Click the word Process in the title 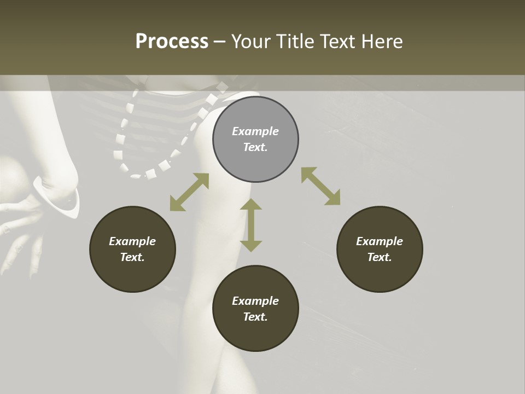(x=172, y=42)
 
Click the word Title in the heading (x=294, y=42)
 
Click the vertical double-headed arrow (x=251, y=225)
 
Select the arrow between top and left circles (x=189, y=192)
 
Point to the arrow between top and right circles (x=320, y=186)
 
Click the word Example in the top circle (x=255, y=131)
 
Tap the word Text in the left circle (x=132, y=257)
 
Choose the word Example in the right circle (x=380, y=241)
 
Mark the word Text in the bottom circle (x=255, y=317)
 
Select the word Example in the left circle (x=132, y=241)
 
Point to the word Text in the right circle (x=380, y=257)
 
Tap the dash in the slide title (x=220, y=42)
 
